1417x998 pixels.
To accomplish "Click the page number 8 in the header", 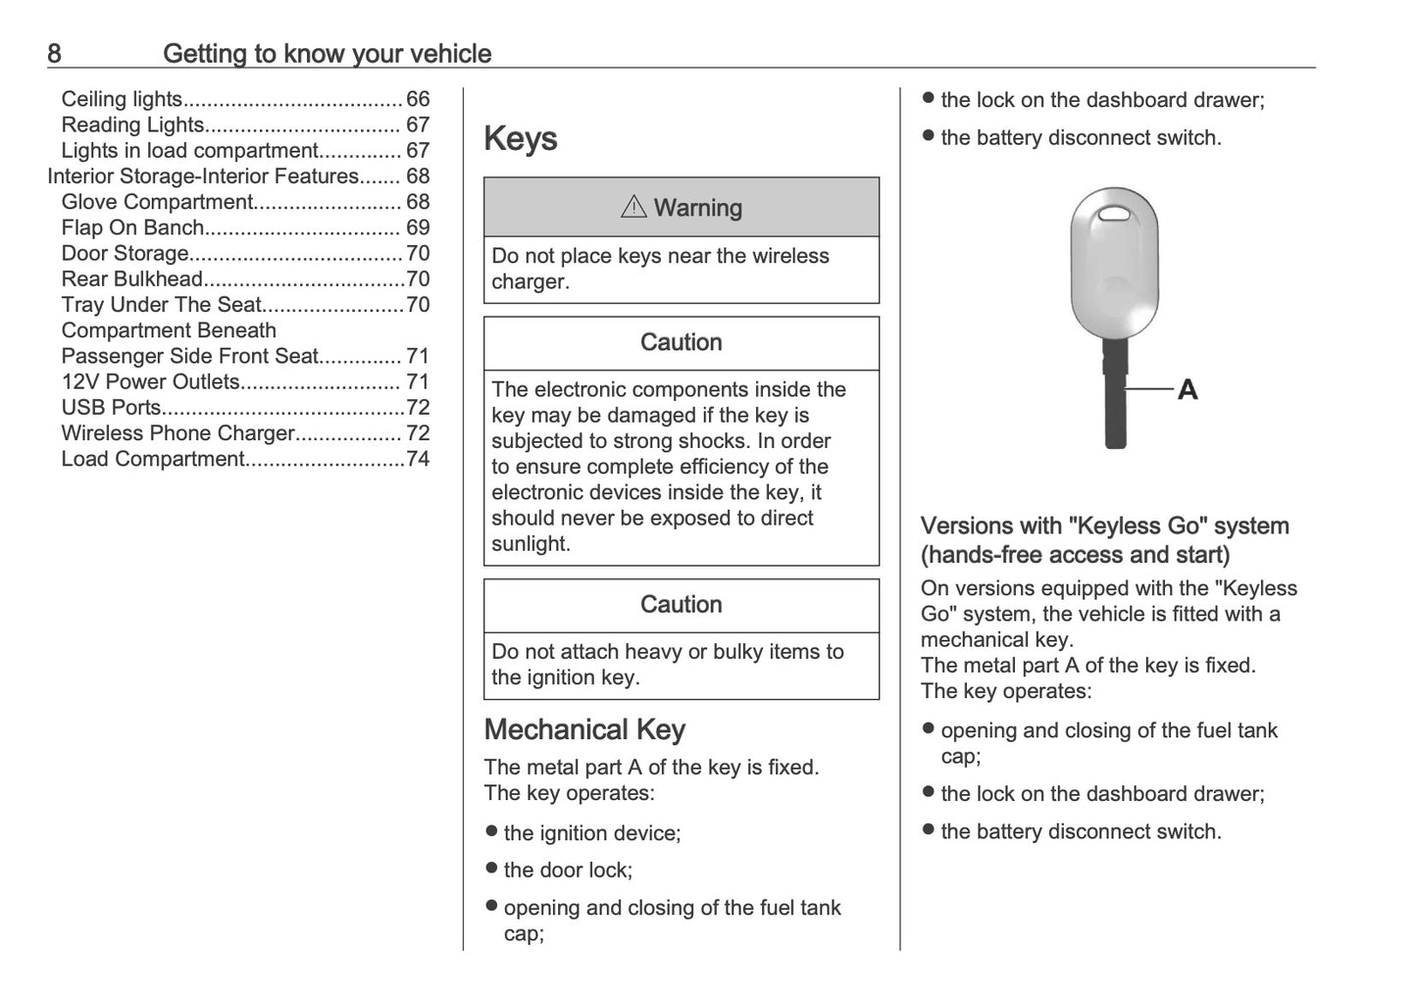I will [x=54, y=53].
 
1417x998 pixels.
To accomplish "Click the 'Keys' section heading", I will [x=520, y=138].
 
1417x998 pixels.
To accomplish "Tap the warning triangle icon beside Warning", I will [x=633, y=207].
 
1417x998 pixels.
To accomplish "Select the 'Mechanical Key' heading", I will [x=584, y=729].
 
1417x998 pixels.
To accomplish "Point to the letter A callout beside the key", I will [x=1187, y=390].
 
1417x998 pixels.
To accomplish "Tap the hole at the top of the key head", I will [x=1114, y=213].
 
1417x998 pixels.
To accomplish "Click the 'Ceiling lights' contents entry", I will [x=122, y=99].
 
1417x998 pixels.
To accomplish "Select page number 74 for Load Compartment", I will [x=418, y=459].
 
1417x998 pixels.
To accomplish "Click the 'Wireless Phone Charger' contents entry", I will [x=177, y=433].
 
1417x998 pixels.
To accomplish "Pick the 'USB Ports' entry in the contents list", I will [x=111, y=408].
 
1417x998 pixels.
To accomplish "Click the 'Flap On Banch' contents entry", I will [x=132, y=227].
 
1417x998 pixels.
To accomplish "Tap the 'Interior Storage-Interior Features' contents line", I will [x=203, y=176].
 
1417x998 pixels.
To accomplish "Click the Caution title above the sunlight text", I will [x=681, y=342].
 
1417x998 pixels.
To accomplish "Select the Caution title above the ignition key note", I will [x=681, y=604].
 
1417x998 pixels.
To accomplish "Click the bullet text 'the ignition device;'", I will [x=591, y=833].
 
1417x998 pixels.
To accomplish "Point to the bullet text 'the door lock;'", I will [x=568, y=870].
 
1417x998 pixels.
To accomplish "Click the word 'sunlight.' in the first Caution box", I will [x=531, y=544].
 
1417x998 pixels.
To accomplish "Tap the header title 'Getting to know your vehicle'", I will [x=327, y=53].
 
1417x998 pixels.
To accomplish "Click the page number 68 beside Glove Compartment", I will [x=418, y=202].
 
